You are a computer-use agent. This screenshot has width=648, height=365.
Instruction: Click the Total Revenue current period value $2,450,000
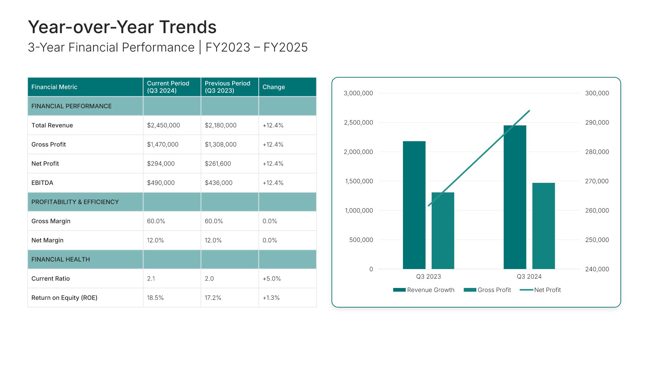coord(163,125)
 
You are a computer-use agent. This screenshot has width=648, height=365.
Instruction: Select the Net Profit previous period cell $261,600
coord(218,164)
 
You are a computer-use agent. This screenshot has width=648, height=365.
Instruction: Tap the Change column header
coord(274,87)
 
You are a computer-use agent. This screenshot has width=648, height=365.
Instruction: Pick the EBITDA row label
coord(42,183)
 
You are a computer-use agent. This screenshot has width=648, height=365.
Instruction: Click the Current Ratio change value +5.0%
coord(272,278)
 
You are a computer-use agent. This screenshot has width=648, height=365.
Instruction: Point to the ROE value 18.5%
coord(155,298)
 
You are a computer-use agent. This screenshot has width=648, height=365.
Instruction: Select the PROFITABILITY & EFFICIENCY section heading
coord(75,202)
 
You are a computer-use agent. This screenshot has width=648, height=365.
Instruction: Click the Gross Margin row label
coord(51,221)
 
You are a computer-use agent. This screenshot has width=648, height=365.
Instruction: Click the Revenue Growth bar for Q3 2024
coord(515,197)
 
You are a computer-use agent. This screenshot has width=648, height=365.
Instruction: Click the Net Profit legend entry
coord(540,290)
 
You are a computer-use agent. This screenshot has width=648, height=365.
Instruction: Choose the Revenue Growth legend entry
coord(424,290)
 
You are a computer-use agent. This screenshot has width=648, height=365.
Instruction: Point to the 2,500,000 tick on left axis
coord(358,123)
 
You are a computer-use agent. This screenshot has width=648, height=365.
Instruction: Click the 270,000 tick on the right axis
coord(597,181)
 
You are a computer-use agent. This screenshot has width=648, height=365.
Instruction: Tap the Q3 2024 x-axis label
coord(529,276)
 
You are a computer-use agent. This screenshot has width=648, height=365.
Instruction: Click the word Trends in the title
coord(188,27)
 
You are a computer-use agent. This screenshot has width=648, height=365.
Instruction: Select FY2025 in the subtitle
coord(286,47)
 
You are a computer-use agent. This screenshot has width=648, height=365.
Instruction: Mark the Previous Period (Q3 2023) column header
coord(227,87)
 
